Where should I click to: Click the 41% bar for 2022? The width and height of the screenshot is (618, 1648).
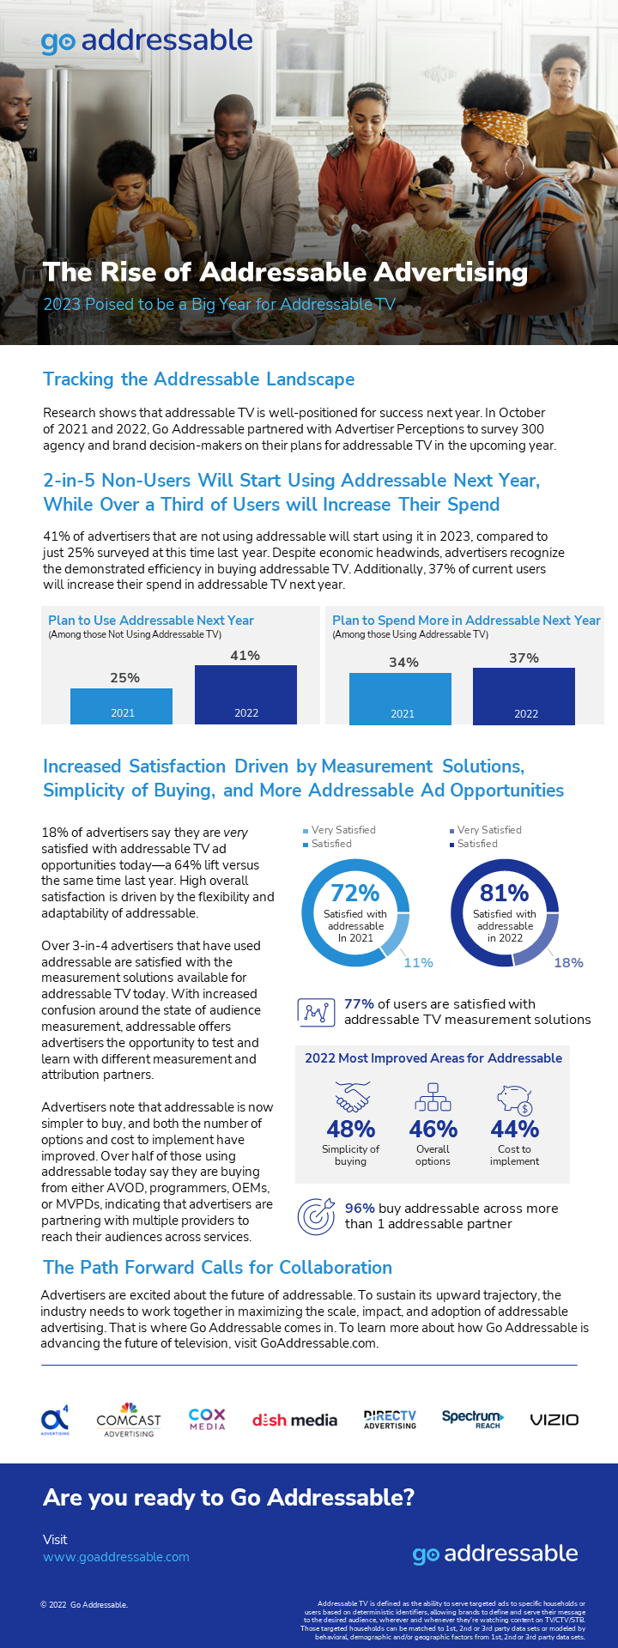tap(245, 694)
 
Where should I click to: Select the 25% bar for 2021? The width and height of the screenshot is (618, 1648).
tap(121, 706)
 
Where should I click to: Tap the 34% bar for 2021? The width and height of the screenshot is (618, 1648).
tap(400, 699)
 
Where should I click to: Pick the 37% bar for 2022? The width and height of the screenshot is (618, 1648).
tap(524, 696)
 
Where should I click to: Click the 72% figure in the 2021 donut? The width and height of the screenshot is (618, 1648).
tap(355, 894)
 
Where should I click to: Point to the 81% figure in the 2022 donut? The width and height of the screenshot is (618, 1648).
tap(505, 894)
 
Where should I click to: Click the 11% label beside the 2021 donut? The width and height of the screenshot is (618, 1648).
tap(418, 963)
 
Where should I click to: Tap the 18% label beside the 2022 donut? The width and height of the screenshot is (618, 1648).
tap(568, 963)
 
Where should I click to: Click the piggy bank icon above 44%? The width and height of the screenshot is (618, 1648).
tap(514, 1098)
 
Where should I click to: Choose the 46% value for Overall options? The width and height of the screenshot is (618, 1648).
tap(433, 1129)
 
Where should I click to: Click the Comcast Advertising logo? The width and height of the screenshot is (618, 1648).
tap(129, 1421)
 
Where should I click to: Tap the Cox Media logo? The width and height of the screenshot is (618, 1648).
tap(207, 1419)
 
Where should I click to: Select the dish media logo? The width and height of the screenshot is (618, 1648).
tap(294, 1421)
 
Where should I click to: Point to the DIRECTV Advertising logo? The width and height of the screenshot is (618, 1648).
tap(390, 1419)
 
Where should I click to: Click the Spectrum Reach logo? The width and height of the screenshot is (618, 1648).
tap(473, 1419)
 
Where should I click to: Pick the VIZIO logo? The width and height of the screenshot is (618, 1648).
tap(554, 1420)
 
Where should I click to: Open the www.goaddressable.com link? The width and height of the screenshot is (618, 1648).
tap(116, 1557)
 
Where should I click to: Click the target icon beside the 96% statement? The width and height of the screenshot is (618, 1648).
tap(316, 1215)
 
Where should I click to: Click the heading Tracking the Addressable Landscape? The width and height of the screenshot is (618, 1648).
tap(198, 379)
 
